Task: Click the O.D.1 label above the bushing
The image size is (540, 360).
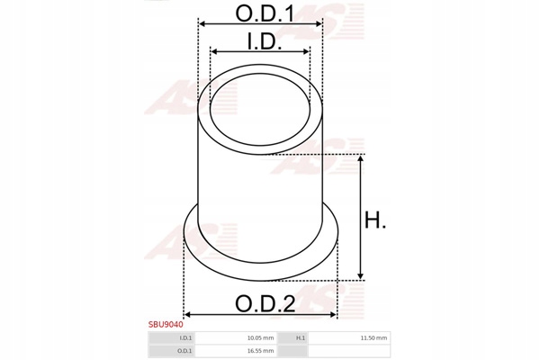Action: [x=265, y=13]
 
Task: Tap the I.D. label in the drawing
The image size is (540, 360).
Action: [x=265, y=41]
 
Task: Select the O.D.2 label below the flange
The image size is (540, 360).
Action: [x=265, y=304]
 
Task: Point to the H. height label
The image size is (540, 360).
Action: [x=375, y=220]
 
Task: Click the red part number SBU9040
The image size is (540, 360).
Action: [x=166, y=325]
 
